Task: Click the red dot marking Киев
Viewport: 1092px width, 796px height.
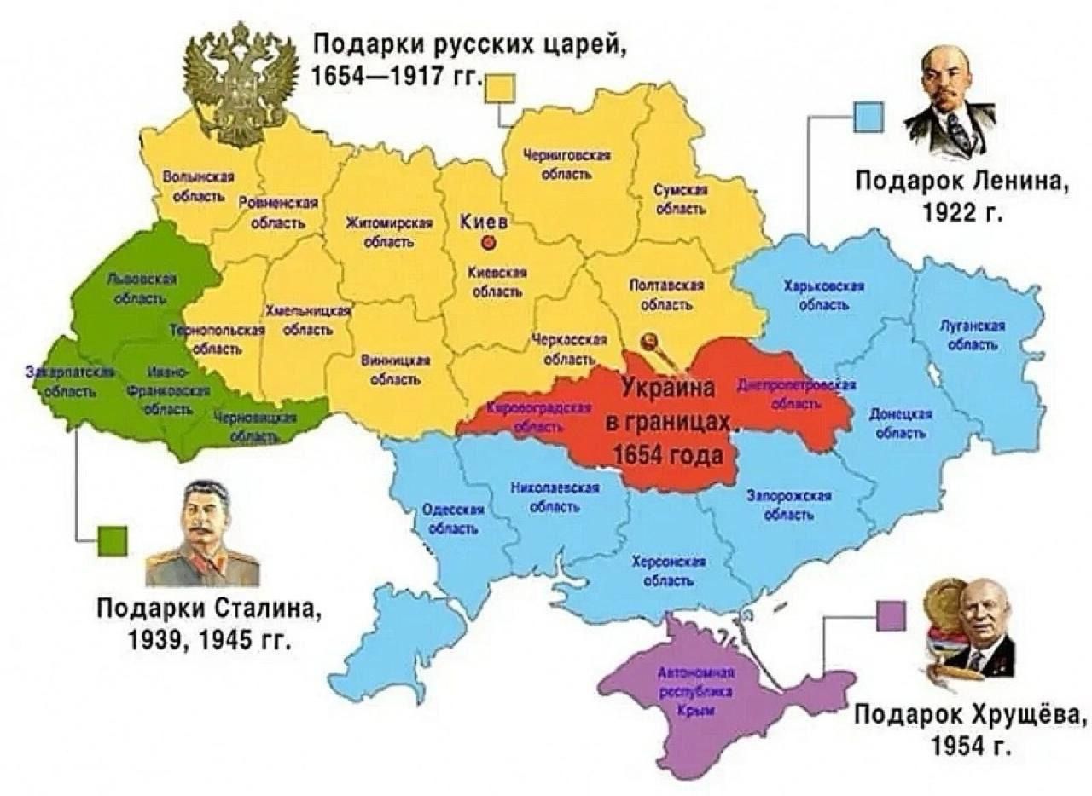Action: [489, 243]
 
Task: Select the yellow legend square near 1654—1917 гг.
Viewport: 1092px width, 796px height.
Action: [500, 89]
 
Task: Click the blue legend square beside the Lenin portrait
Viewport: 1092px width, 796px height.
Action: [868, 117]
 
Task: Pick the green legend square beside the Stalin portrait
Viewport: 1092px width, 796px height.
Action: [113, 540]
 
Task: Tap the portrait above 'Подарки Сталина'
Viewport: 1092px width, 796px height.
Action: [202, 534]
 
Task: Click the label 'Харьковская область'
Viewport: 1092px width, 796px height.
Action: [823, 294]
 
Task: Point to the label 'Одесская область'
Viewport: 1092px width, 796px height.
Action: [453, 518]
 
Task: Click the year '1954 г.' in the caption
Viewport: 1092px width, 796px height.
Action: [972, 747]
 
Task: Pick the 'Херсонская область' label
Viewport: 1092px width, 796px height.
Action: [669, 570]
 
